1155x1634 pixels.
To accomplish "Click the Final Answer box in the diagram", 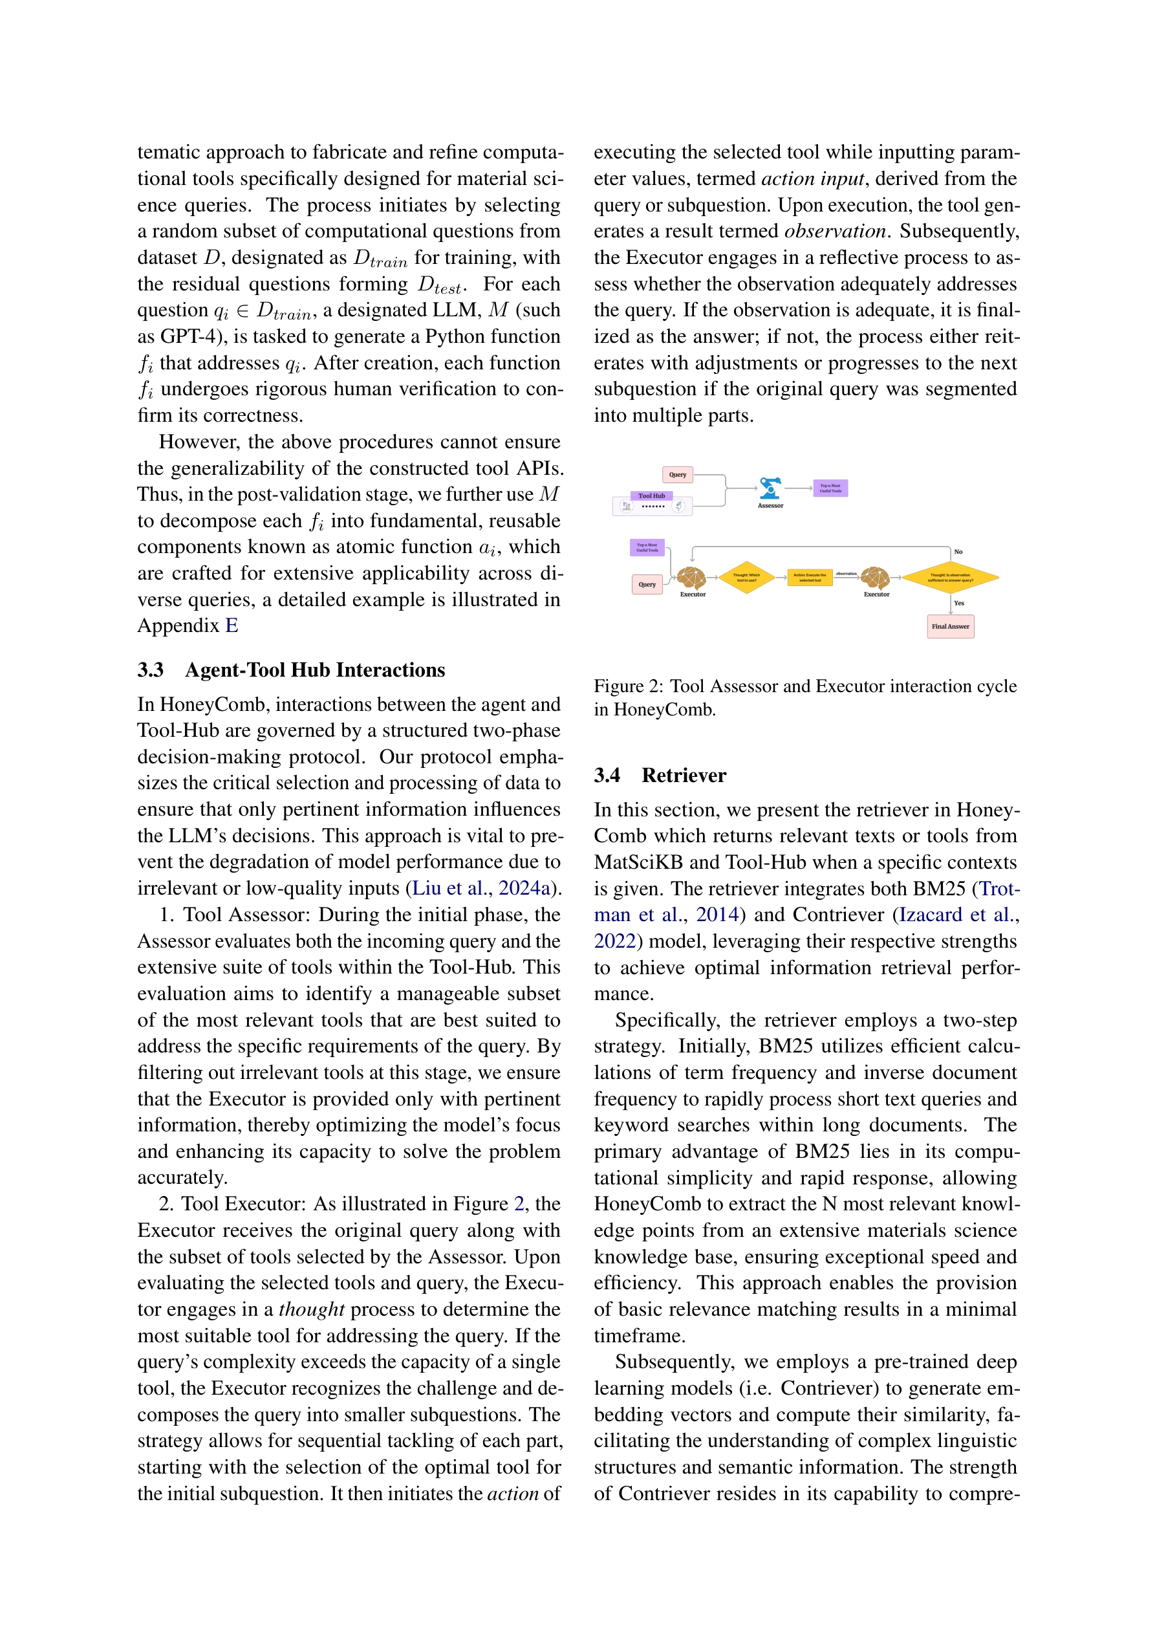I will (949, 626).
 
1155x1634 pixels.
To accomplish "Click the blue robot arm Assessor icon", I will (770, 488).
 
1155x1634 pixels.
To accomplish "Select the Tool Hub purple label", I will (651, 496).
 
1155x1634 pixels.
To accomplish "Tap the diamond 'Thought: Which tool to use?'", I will (746, 577).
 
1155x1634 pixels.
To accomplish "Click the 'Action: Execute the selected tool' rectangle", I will (809, 577).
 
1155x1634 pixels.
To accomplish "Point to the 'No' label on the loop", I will (958, 552).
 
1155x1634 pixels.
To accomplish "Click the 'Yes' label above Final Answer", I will (958, 603).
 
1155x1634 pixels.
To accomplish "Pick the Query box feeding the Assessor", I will (677, 475).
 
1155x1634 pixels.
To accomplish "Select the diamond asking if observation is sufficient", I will (950, 577).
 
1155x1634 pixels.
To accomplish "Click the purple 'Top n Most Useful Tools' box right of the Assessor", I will (830, 488).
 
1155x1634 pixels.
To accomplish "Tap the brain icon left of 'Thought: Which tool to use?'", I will (691, 576).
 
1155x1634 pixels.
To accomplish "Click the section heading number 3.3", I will (150, 670).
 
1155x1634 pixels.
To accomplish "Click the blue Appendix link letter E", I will (232, 626).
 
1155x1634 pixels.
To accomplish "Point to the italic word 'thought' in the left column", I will (311, 1309).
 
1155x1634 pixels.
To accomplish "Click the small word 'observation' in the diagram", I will (846, 574).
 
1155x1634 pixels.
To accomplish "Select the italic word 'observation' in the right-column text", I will (835, 232).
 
